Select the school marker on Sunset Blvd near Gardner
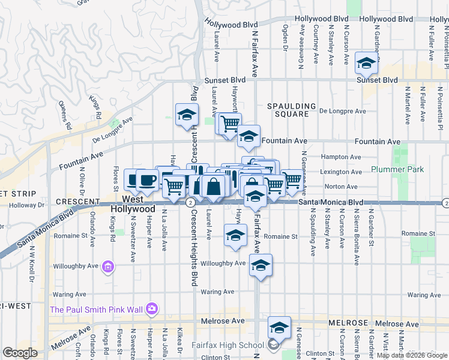tap(366, 63)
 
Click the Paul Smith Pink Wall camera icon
tap(152, 309)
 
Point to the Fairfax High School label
tap(228, 344)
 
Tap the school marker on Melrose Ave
tap(279, 328)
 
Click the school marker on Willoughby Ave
tap(261, 265)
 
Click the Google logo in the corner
tap(20, 353)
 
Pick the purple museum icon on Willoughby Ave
tap(109, 266)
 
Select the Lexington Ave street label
tap(341, 172)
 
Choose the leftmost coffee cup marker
tap(133, 179)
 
